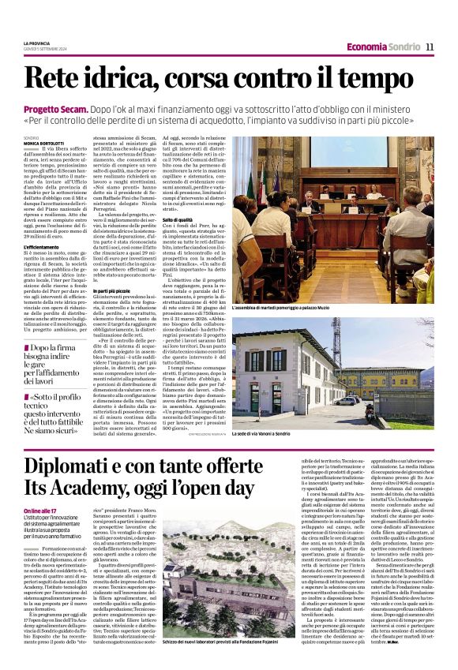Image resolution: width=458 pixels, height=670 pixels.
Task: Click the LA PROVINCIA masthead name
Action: (x=36, y=43)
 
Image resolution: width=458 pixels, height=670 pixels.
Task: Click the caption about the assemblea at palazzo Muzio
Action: (x=287, y=305)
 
